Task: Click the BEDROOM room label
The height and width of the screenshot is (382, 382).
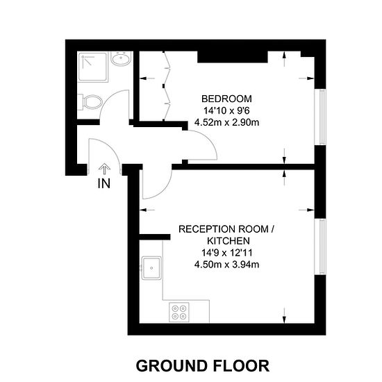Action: [226, 99]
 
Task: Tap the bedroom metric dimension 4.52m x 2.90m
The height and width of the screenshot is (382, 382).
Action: [226, 122]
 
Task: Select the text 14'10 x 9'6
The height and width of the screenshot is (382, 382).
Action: [226, 111]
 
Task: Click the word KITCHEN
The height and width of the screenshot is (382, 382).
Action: [229, 241]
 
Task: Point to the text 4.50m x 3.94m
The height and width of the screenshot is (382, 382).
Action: [226, 265]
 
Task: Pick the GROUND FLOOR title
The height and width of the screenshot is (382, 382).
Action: [202, 366]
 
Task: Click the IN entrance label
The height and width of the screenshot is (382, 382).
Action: [104, 183]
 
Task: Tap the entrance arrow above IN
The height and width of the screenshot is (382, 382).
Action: [104, 169]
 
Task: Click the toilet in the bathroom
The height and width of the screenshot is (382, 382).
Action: [90, 102]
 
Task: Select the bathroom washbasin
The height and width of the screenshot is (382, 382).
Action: [121, 58]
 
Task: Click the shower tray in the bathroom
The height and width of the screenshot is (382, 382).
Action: [92, 67]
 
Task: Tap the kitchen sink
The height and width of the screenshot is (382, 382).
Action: [151, 267]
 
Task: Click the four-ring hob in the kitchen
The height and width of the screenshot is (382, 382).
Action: [179, 313]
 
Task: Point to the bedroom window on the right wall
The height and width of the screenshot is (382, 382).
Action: [321, 117]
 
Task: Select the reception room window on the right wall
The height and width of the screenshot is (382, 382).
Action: [321, 247]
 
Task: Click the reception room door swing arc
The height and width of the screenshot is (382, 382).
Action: [165, 190]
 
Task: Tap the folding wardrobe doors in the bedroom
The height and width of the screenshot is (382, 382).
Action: [167, 86]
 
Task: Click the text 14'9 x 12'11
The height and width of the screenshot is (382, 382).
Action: [226, 253]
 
